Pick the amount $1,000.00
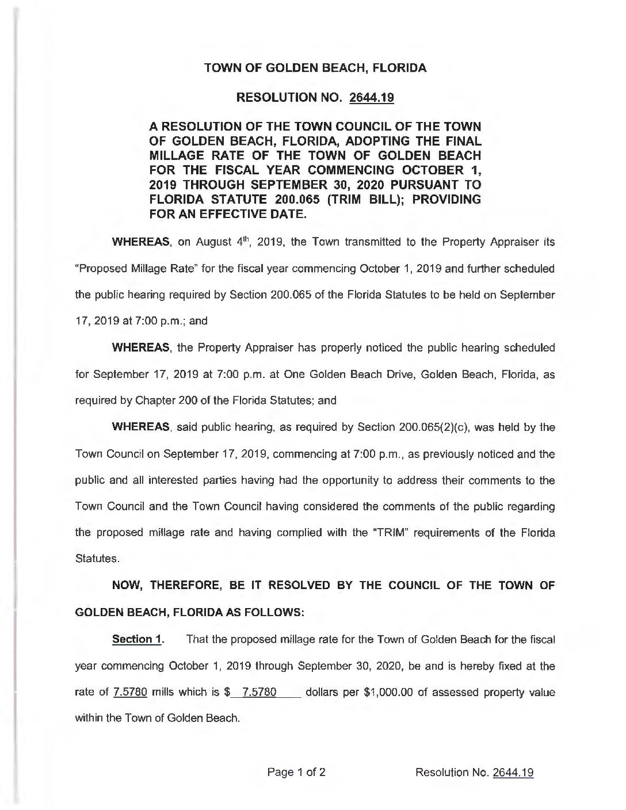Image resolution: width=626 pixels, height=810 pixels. coord(391,692)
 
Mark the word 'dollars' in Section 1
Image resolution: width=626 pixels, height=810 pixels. coord(325,692)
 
